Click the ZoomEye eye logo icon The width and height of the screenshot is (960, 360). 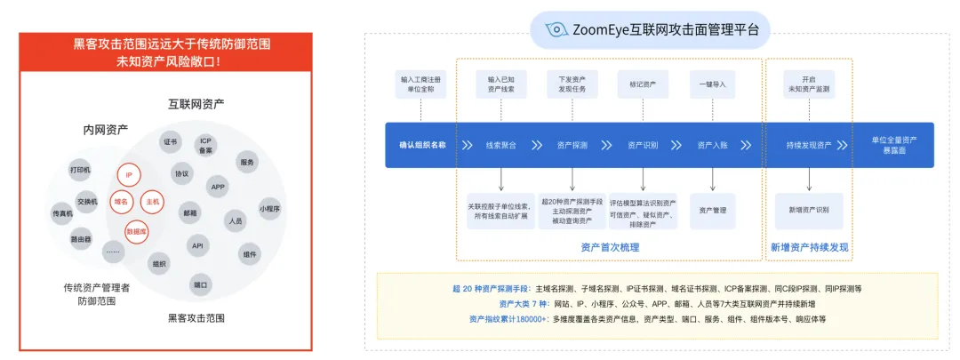coord(556,29)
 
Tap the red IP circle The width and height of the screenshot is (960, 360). coord(129,175)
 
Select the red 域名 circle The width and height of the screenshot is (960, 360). coord(120,202)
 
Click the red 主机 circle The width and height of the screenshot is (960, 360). coord(152,202)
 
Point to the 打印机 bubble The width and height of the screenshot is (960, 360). coord(80,169)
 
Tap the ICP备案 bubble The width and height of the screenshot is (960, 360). coord(205,145)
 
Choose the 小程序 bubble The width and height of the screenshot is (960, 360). coord(269,209)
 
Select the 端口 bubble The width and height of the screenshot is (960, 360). coord(200,284)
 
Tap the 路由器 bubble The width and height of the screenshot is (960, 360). coord(81,239)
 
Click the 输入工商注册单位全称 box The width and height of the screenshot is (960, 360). coord(420,84)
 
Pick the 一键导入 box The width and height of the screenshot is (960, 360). coord(712,84)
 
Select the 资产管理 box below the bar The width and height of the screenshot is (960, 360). coord(712,211)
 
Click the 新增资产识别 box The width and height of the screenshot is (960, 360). coord(809,211)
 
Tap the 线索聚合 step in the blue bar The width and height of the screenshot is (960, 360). coord(501,145)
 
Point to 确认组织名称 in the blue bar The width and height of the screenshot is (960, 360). coord(422,145)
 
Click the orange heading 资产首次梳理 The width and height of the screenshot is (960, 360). coord(609,247)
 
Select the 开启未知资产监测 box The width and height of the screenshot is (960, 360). coord(808,84)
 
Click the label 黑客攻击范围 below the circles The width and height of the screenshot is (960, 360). coord(196,317)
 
